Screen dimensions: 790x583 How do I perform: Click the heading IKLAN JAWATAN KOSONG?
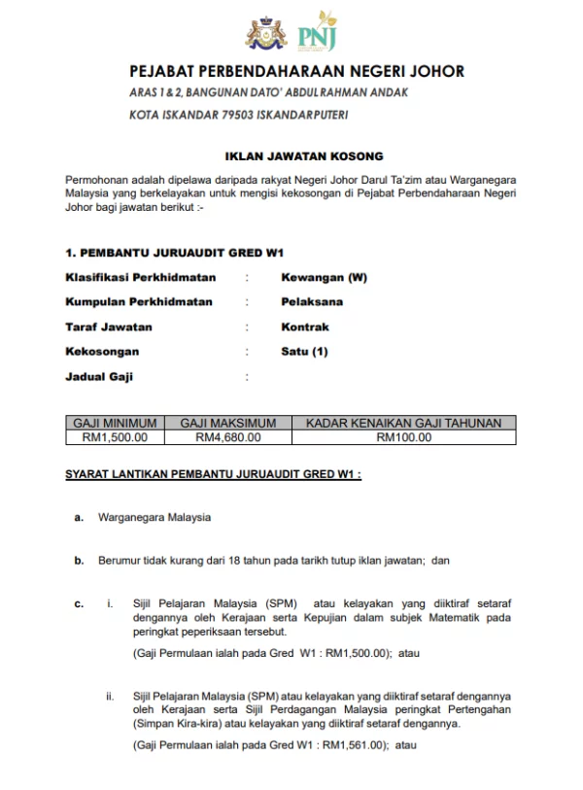pos(304,155)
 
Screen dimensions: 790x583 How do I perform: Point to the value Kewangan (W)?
pos(324,277)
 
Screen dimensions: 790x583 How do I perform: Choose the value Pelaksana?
pos(312,301)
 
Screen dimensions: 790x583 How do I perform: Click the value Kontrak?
pos(305,326)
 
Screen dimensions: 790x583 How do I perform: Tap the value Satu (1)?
pos(304,351)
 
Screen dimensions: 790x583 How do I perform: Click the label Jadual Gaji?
pos(98,376)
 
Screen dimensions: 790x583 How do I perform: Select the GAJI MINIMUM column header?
pos(116,423)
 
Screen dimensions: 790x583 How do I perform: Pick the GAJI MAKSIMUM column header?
pos(228,423)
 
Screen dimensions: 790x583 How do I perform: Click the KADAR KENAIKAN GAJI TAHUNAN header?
pos(403,423)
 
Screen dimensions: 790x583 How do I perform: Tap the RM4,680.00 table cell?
pos(228,437)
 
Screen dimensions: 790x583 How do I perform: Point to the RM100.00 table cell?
pos(403,437)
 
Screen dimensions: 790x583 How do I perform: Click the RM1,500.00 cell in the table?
pos(116,437)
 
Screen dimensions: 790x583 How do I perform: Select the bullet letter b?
pos(79,561)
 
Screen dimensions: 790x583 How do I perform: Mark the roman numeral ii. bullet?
pos(110,697)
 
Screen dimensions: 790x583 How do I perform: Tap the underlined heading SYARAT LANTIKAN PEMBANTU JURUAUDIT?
pos(213,475)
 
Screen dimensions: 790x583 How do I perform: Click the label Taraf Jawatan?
pos(108,326)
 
